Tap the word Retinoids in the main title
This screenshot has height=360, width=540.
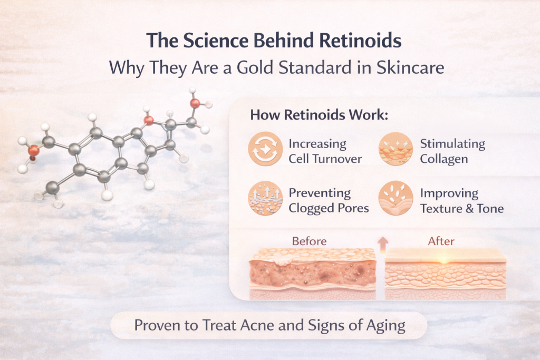pos(351,41)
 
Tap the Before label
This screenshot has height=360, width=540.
pos(309,241)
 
